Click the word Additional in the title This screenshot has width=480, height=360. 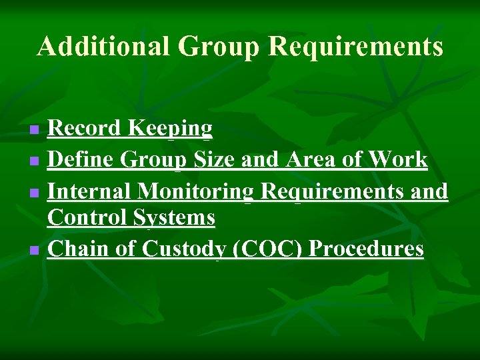click(103, 47)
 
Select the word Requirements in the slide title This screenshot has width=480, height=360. click(355, 47)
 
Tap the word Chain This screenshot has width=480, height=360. click(75, 249)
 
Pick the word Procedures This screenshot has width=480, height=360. click(367, 249)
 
